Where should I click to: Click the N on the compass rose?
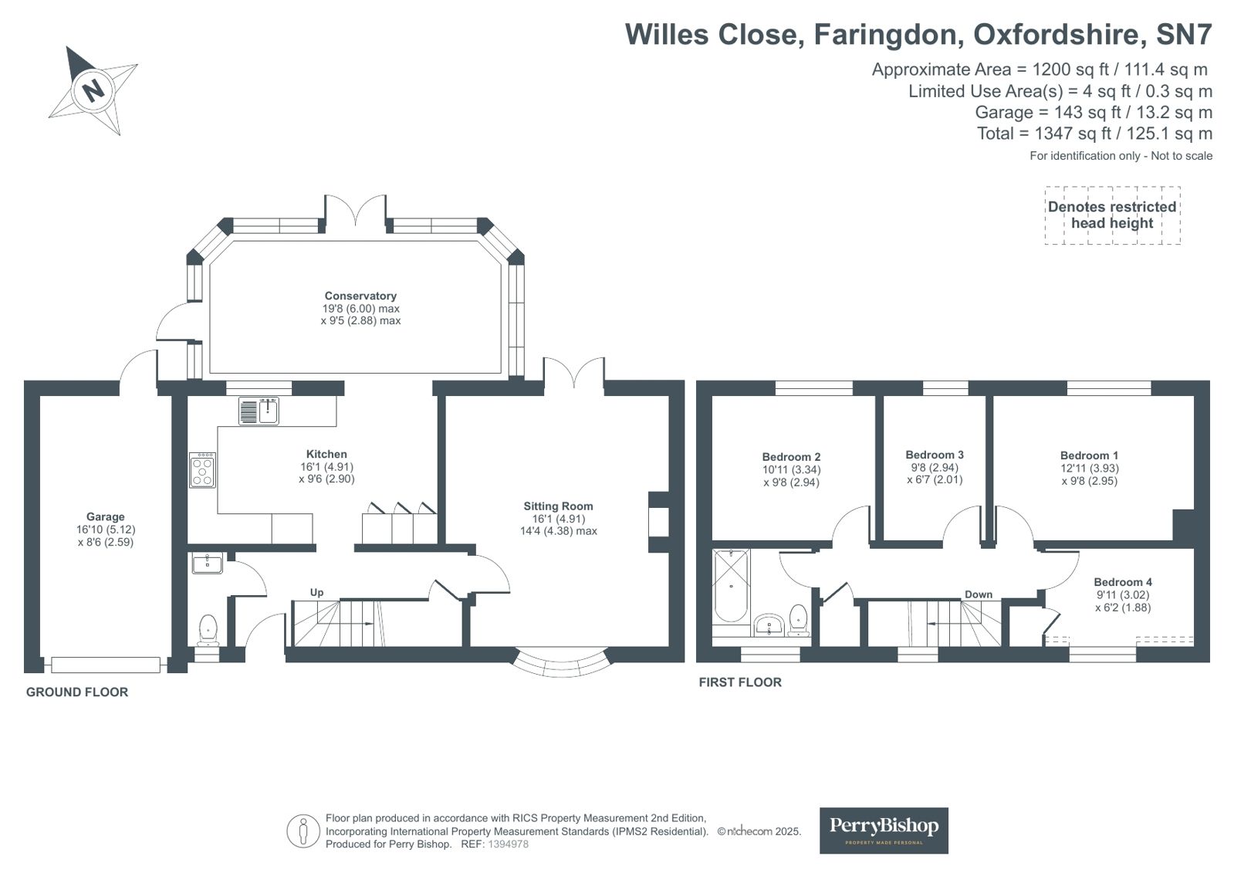93,91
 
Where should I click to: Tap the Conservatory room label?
360,296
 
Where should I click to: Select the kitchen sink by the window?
259,411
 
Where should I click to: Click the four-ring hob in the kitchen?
203,469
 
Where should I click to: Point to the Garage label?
105,517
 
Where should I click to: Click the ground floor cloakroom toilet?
208,630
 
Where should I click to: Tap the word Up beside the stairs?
316,593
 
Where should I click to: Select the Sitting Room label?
558,506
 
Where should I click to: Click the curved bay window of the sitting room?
562,664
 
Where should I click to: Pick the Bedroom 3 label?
935,455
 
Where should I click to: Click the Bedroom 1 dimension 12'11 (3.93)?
1089,468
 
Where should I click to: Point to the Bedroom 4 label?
1123,582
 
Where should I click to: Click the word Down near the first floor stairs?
979,594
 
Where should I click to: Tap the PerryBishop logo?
884,830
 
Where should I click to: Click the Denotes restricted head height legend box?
1112,215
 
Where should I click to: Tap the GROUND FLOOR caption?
77,692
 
